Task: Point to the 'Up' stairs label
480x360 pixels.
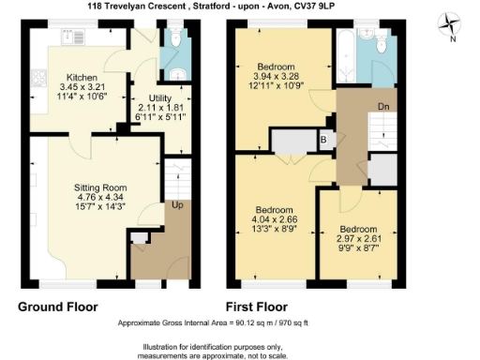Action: click(175, 205)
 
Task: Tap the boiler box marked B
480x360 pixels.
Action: click(323, 141)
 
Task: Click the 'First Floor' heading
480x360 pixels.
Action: click(257, 307)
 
